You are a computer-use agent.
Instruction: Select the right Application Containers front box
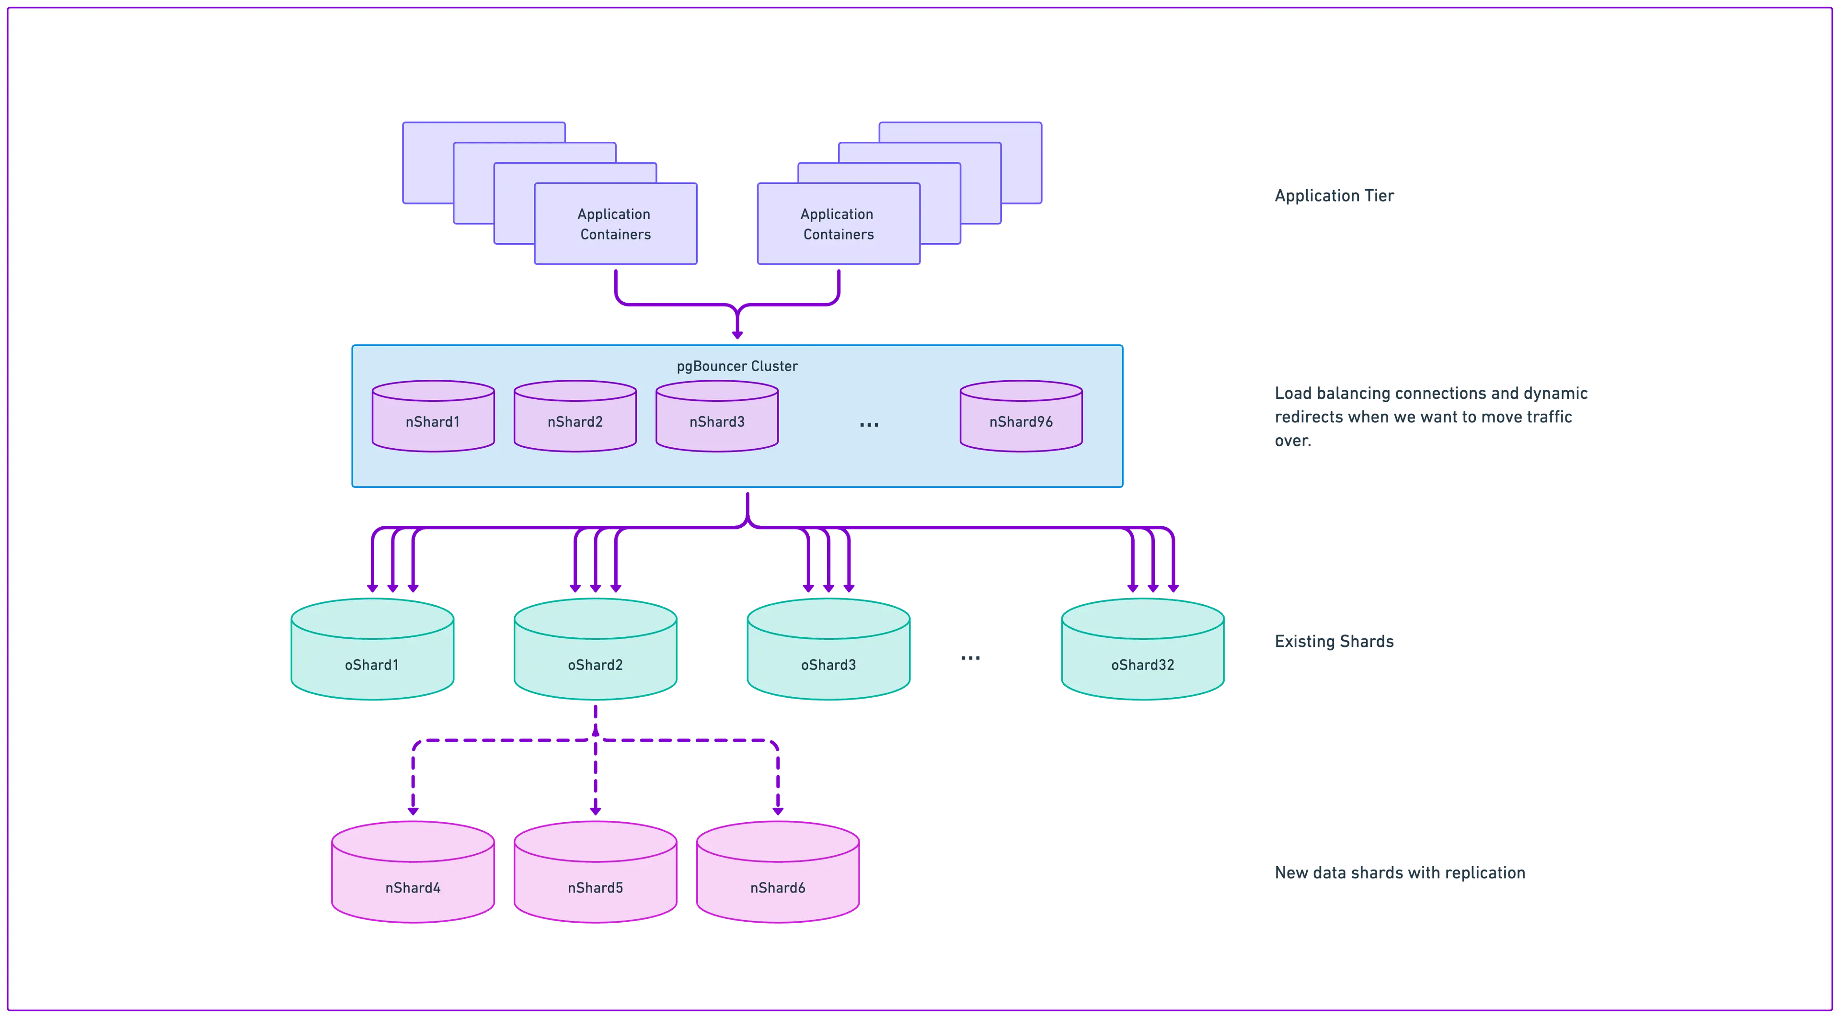tap(839, 224)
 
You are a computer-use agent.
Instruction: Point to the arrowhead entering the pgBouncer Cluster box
tap(738, 334)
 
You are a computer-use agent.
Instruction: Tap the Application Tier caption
tap(1334, 196)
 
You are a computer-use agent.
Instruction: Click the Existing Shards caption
tap(1334, 641)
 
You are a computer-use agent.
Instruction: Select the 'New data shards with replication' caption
tap(1401, 873)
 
